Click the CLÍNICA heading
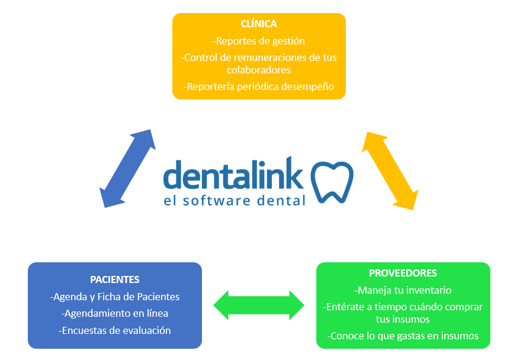(259, 24)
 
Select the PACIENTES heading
(115, 279)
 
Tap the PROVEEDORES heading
(403, 273)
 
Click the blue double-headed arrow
(128, 168)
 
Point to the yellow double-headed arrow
(390, 171)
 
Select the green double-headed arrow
(259, 306)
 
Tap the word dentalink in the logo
(233, 174)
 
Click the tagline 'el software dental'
(235, 200)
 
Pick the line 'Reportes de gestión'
(259, 41)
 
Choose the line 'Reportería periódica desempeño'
(259, 86)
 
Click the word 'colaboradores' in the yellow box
(259, 70)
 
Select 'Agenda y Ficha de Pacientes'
(115, 297)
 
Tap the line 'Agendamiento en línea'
(115, 313)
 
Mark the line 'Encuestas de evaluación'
(115, 330)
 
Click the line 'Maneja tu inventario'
(403, 290)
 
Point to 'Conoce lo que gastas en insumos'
(403, 336)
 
